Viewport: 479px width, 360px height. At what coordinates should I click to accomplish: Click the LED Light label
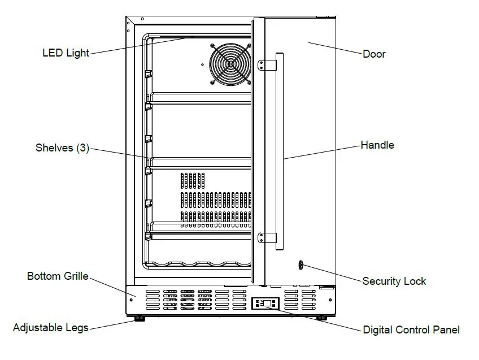click(66, 53)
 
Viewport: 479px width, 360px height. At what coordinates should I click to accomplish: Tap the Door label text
click(374, 54)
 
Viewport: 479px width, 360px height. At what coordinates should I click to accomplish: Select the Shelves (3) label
click(62, 148)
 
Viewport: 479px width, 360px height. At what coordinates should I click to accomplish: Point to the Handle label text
click(377, 145)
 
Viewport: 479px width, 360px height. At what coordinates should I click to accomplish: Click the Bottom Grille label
click(58, 276)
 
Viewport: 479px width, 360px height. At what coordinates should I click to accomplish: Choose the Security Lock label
click(394, 281)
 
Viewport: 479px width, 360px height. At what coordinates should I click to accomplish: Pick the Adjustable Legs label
click(51, 328)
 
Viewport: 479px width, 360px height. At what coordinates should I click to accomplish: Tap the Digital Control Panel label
click(411, 330)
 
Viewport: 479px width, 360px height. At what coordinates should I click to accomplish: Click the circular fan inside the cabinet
click(230, 64)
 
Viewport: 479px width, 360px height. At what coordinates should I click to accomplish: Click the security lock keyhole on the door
click(301, 264)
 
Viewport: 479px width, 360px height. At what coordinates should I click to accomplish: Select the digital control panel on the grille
click(265, 303)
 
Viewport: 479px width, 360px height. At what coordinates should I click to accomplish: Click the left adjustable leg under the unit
click(138, 319)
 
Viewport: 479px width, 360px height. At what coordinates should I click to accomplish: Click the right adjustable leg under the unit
click(321, 318)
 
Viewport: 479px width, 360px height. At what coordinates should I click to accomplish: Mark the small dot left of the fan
click(203, 64)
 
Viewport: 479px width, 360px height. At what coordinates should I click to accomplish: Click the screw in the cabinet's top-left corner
click(129, 24)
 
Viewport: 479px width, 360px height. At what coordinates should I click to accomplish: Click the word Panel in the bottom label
click(446, 330)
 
